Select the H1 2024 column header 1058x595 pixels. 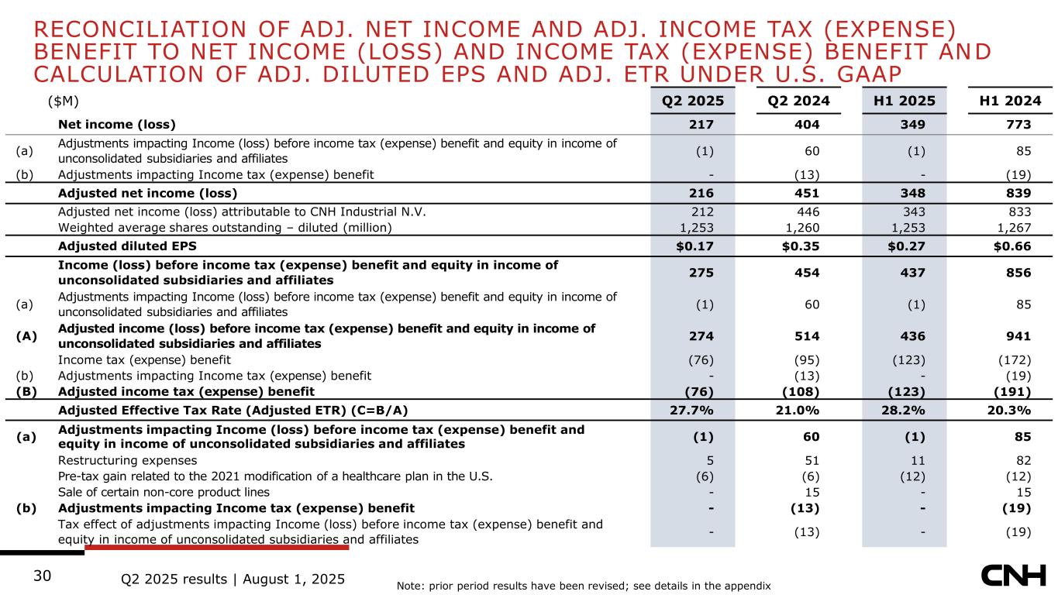coord(1008,101)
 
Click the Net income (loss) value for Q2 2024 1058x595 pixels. coord(809,124)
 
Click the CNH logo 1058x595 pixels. coord(1012,576)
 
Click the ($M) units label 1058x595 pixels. coord(64,101)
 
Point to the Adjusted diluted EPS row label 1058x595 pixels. coord(128,246)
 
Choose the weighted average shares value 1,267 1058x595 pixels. coord(1014,227)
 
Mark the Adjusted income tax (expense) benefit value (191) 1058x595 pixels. coord(1014,391)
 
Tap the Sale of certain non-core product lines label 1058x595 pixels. coord(164,492)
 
